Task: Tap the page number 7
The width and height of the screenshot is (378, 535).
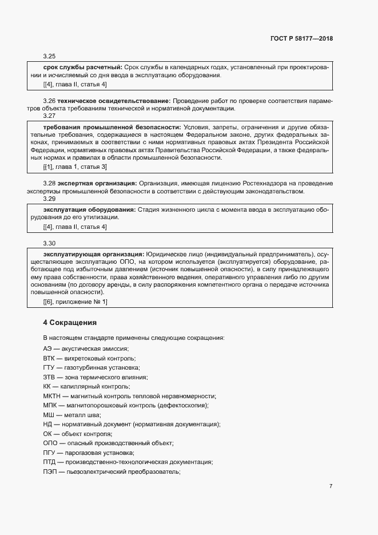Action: click(x=331, y=486)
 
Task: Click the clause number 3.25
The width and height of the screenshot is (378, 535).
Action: click(x=49, y=57)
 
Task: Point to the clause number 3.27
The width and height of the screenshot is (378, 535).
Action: click(x=49, y=116)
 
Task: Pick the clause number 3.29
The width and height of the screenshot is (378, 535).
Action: click(x=49, y=199)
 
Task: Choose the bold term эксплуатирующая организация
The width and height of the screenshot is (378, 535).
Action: click(x=94, y=253)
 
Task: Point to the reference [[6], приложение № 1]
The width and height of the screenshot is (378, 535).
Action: click(x=75, y=301)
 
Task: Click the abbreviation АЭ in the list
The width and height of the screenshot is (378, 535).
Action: click(x=47, y=348)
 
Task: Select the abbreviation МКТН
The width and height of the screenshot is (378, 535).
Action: click(x=52, y=396)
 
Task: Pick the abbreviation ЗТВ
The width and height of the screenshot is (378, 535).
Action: click(x=49, y=377)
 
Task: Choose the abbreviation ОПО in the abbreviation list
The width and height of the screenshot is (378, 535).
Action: click(x=50, y=443)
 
